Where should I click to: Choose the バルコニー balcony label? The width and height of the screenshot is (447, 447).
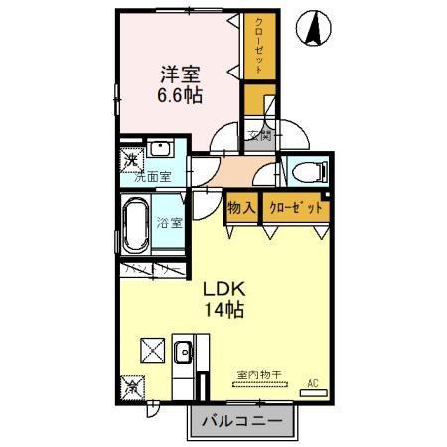coord(242,422)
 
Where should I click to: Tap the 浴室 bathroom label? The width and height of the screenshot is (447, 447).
coord(169,223)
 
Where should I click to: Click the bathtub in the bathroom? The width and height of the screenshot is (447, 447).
coord(135,223)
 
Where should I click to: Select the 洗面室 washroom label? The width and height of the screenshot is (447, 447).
coord(154,177)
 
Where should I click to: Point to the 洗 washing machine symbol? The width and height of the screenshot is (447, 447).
coord(130,159)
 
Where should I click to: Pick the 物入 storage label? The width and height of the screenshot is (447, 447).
coord(242,209)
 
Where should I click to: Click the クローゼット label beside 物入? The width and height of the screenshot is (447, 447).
coord(296,209)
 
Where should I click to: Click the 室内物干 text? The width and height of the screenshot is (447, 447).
coord(258,374)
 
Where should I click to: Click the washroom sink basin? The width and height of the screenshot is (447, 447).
coord(163,152)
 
